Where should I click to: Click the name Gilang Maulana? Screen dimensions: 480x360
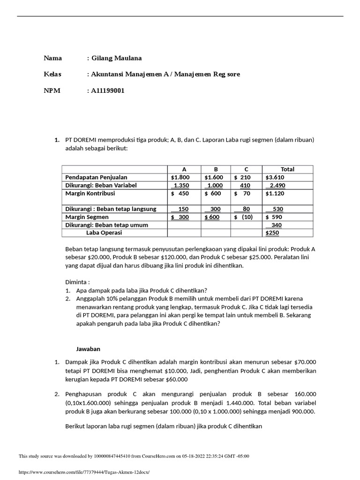point(114,58)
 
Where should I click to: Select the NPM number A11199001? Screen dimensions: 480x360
point(106,90)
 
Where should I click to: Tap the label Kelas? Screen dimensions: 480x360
point(52,74)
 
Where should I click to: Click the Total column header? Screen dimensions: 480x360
point(287,169)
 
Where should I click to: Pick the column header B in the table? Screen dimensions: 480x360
point(216,169)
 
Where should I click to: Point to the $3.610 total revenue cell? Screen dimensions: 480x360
point(275,177)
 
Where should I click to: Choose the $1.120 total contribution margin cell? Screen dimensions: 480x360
point(275,193)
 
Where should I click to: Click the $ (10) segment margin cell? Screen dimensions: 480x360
point(244,217)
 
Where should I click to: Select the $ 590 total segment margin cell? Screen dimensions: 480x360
point(274,217)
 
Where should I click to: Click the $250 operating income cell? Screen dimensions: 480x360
point(272,232)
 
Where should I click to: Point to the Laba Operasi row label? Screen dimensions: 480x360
point(104,232)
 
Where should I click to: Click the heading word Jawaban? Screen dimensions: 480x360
point(88,349)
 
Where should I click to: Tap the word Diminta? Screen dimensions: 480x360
point(77,282)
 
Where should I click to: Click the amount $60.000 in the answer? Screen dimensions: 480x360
point(176,379)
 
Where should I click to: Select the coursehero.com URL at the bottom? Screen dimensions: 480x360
point(84,472)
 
